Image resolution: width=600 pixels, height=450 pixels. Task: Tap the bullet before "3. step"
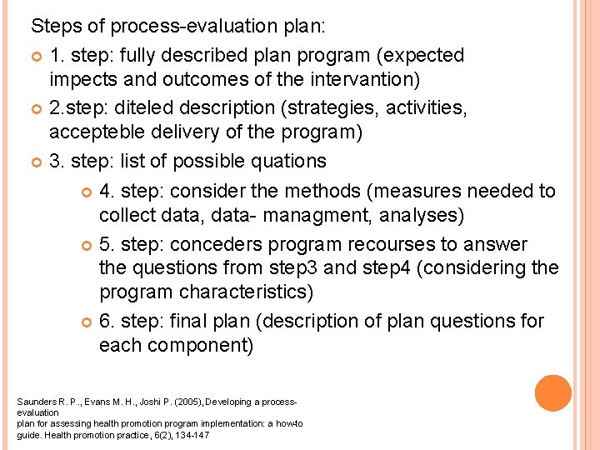[37, 161]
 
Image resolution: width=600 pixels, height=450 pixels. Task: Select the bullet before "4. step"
[87, 192]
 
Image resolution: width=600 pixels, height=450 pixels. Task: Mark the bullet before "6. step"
[87, 322]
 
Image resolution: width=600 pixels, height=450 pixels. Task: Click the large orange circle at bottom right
[552, 393]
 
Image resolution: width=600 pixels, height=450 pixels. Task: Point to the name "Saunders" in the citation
[34, 402]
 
